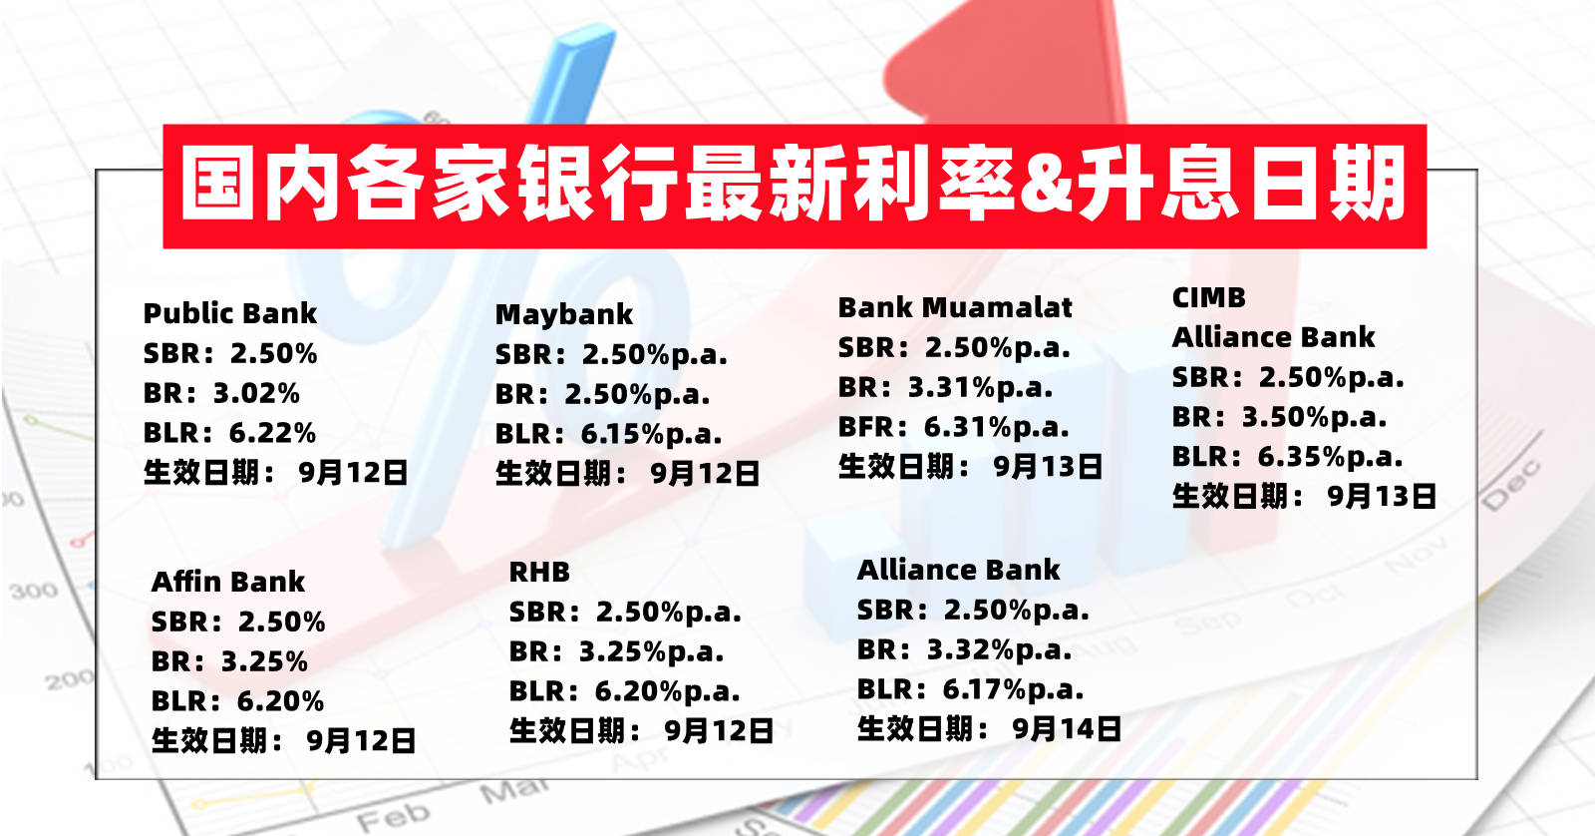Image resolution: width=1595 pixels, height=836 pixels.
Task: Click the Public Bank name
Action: coord(230,313)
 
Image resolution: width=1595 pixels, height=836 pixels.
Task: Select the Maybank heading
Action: coord(564,314)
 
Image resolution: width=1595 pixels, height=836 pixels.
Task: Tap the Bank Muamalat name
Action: coord(955,308)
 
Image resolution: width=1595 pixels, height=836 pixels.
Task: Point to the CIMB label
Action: coord(1209,298)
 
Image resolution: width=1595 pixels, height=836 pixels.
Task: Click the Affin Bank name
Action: coord(228,582)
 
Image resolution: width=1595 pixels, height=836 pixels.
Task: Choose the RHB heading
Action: coord(539,572)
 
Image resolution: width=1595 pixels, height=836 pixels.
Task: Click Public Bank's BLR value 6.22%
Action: coord(273,433)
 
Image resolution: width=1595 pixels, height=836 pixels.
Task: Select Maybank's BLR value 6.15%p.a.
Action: coord(652,434)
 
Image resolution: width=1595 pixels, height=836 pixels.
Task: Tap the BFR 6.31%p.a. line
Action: coord(953,428)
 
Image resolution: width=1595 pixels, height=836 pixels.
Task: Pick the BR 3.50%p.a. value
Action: coord(1315,417)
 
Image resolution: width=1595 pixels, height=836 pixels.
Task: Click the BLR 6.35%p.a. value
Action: coord(1330,457)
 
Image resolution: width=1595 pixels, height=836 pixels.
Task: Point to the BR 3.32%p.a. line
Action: coord(964,650)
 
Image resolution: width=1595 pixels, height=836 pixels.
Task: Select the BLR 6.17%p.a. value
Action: coord(1013,690)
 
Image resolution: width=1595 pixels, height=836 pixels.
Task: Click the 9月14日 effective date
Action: coord(1067,729)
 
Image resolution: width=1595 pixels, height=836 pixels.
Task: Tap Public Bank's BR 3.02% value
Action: coord(257,393)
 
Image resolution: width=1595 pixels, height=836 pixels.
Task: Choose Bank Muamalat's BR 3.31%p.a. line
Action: coord(945,388)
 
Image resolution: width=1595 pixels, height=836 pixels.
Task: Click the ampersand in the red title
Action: coord(1045,187)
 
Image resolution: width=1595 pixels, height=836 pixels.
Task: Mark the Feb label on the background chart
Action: coord(394,817)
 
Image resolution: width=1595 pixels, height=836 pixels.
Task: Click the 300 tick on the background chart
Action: coord(34,591)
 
